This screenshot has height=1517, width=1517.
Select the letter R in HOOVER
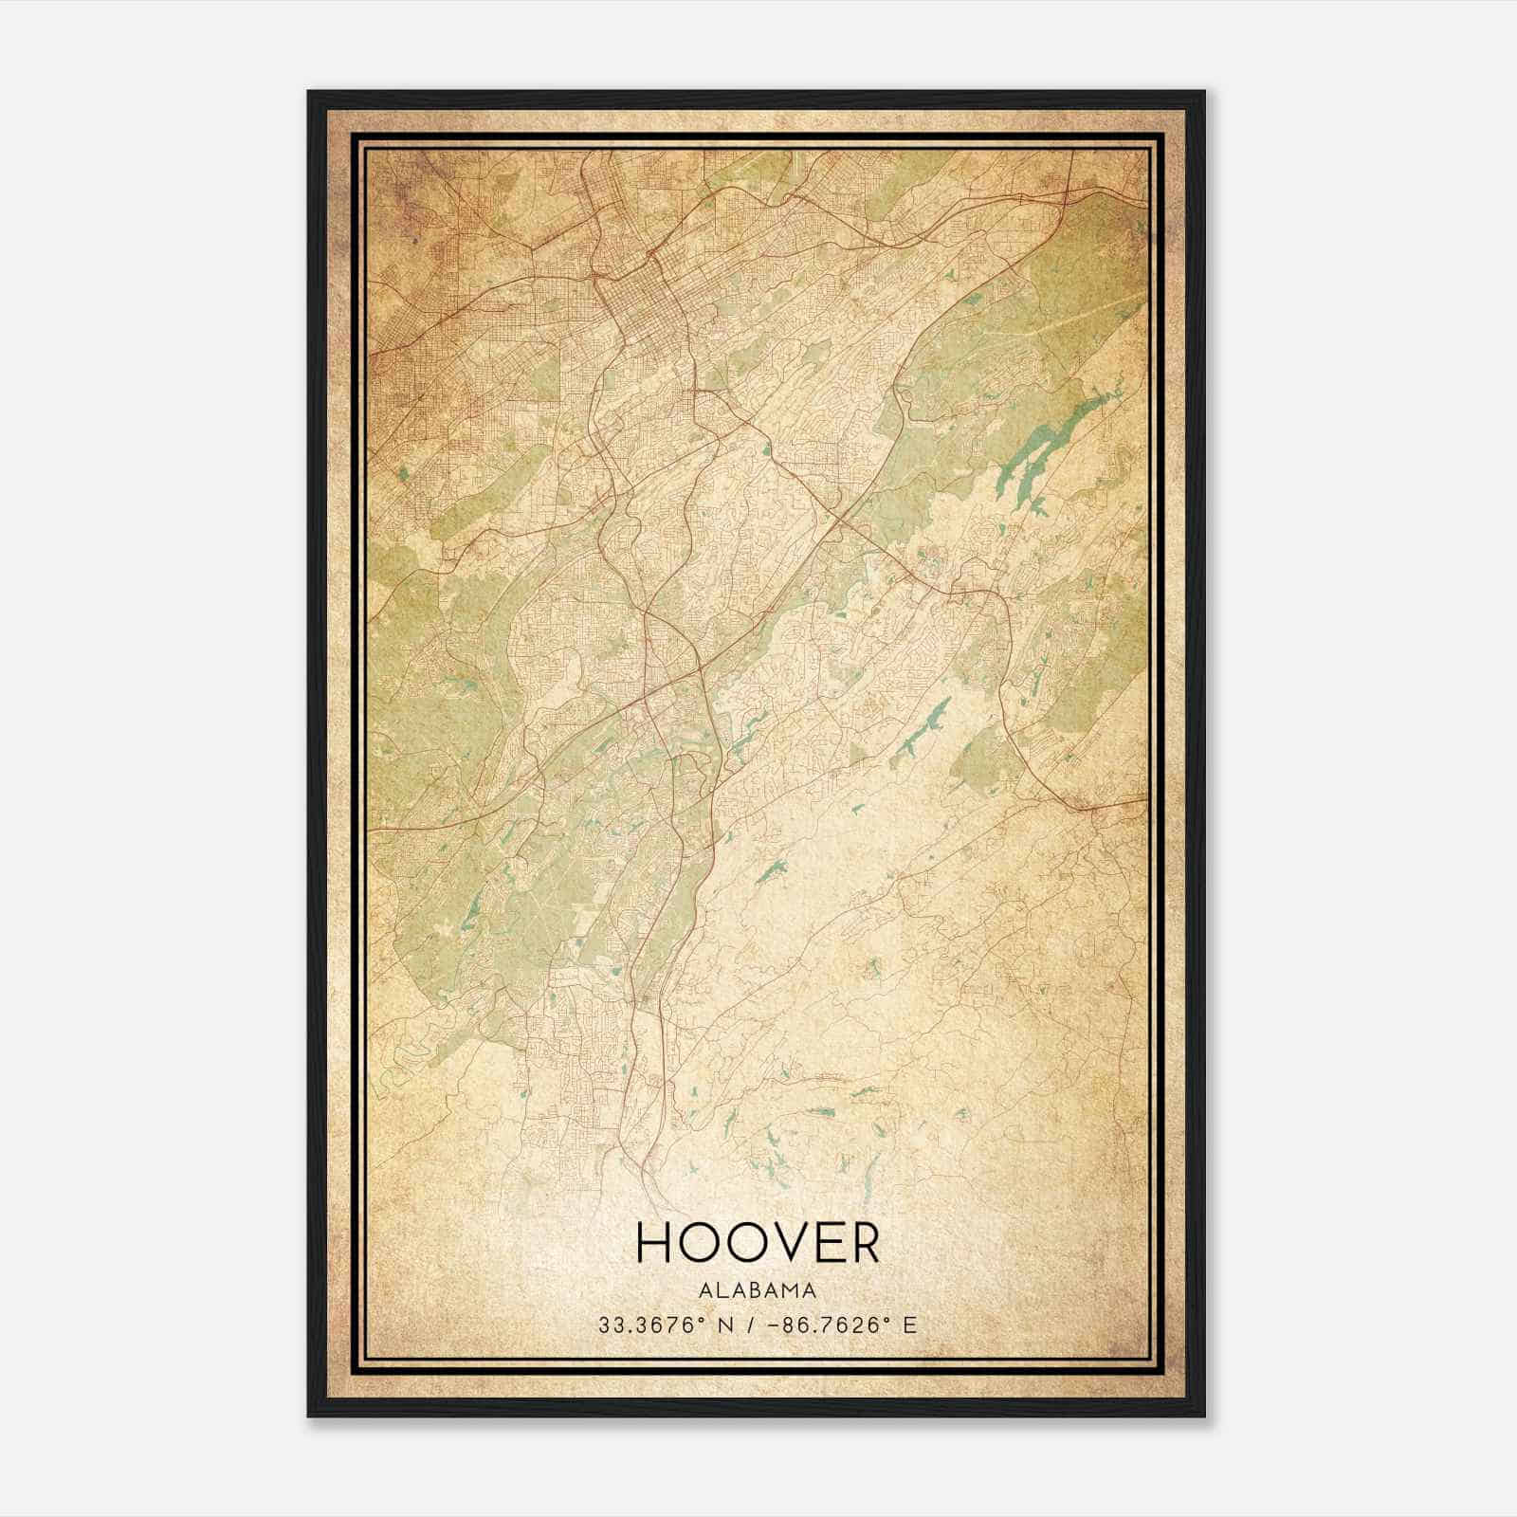pos(862,1242)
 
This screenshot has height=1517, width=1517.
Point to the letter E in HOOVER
pos(820,1242)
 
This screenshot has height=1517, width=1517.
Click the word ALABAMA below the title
pos(758,1290)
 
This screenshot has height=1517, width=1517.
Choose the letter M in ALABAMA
pos(793,1290)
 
